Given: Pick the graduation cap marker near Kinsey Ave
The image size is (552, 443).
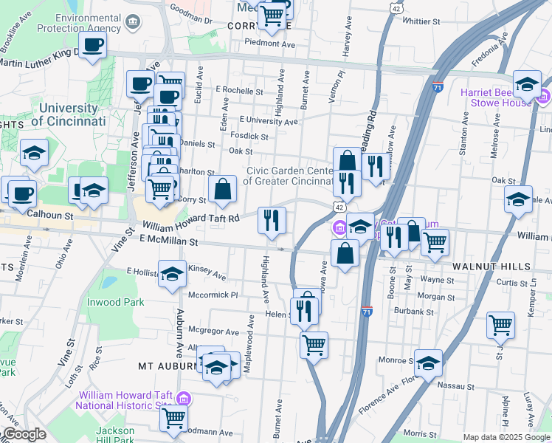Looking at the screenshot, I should tap(172, 275).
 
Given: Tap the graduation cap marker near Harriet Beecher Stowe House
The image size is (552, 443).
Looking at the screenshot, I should tap(527, 84).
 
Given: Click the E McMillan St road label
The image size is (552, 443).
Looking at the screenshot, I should tap(163, 241).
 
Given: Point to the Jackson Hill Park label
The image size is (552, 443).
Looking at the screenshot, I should tap(114, 435).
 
